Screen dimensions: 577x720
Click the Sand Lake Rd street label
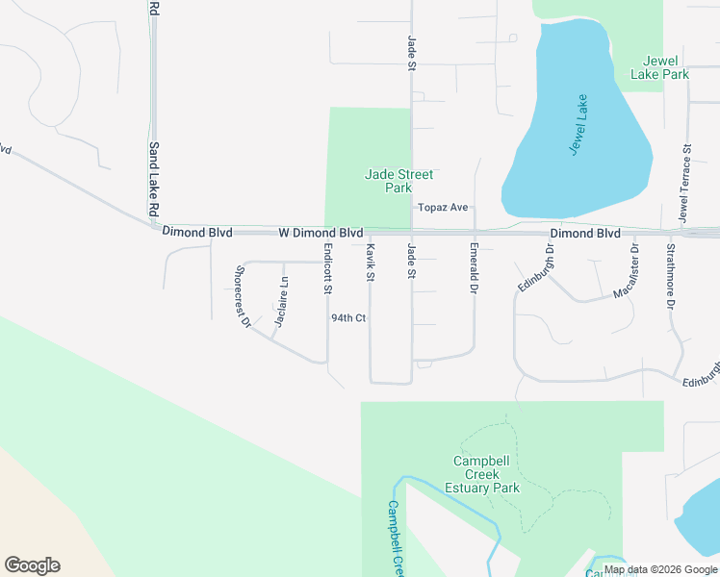153,180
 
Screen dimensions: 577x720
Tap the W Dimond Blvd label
321,233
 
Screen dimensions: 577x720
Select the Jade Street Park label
399,181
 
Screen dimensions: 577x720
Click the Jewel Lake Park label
659,66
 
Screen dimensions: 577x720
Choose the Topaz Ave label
442,208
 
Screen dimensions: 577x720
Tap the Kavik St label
369,262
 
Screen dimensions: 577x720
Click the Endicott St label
328,269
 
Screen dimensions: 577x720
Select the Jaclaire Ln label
281,302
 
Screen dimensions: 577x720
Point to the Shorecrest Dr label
242,296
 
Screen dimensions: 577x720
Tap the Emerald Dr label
474,267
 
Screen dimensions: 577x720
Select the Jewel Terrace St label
686,184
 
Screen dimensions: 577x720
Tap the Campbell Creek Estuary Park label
487,474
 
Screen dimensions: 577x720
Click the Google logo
32,565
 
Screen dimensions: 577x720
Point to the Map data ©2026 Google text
660,569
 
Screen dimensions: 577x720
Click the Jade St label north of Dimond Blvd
411,53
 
